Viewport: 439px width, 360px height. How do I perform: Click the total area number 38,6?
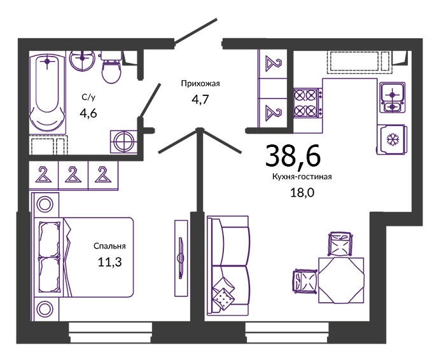[293, 155]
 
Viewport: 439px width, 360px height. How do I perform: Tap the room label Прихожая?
[200, 84]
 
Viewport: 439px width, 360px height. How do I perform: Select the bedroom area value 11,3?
[109, 262]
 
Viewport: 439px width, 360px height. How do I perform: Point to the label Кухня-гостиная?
[302, 177]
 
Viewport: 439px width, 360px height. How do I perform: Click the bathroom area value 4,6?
[88, 113]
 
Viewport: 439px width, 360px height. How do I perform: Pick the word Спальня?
[109, 246]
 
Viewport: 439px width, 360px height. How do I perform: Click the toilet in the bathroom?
[111, 67]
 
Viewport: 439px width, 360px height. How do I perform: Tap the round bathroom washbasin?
[81, 60]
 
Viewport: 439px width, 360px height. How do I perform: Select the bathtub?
[48, 92]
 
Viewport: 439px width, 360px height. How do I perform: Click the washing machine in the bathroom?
[123, 142]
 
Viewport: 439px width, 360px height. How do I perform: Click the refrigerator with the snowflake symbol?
[391, 139]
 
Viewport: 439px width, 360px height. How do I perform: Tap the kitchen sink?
[393, 97]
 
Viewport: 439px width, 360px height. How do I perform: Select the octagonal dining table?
[341, 280]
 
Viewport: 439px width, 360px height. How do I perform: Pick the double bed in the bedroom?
[83, 257]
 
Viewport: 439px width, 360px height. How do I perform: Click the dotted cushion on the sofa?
[223, 299]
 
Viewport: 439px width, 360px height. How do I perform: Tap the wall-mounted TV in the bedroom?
[181, 258]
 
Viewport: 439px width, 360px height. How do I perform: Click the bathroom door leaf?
[150, 100]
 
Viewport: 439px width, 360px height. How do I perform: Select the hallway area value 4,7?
[200, 99]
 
